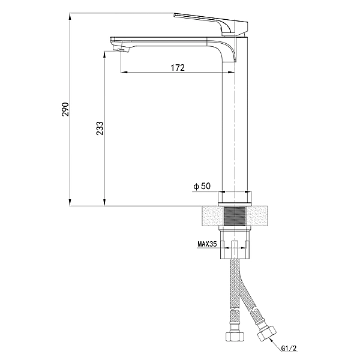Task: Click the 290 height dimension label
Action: click(x=65, y=109)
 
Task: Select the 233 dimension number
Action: click(x=100, y=128)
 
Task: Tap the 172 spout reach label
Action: click(x=178, y=68)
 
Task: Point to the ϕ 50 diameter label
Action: click(x=202, y=186)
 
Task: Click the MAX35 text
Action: click(x=207, y=244)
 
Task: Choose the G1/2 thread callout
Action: click(x=289, y=348)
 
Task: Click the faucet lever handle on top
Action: click(x=211, y=25)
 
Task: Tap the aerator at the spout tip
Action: click(x=122, y=49)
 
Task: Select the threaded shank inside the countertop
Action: click(x=235, y=216)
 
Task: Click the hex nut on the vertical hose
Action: click(x=234, y=336)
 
